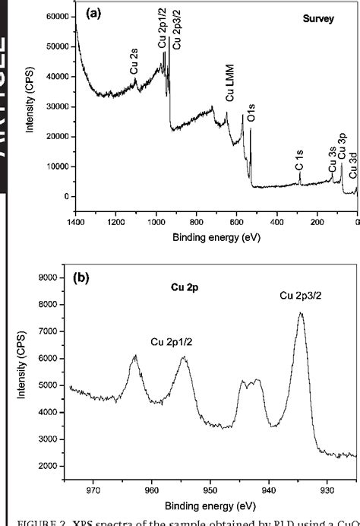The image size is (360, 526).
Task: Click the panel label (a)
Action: pyautogui.click(x=95, y=14)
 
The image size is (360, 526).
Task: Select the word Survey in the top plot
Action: pyautogui.click(x=317, y=18)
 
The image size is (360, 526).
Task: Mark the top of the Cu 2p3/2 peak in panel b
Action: pyautogui.click(x=301, y=313)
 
